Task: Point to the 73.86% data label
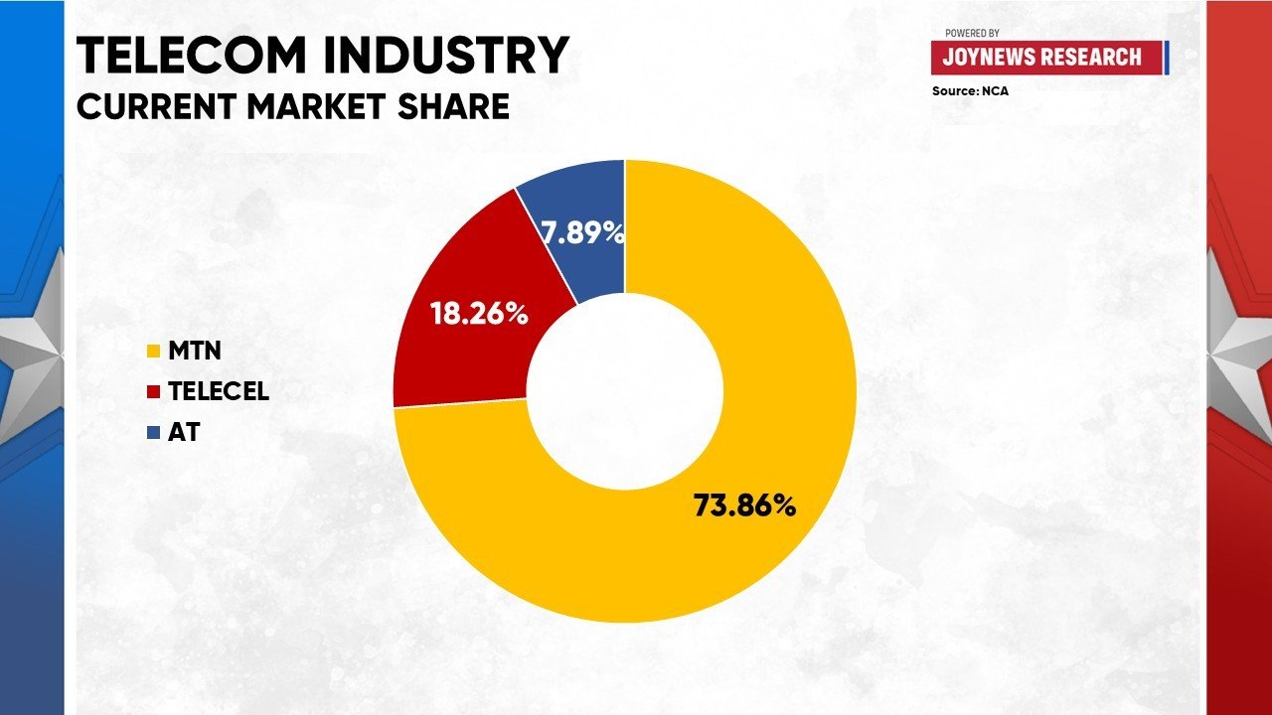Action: tap(744, 505)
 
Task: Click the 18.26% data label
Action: tap(478, 314)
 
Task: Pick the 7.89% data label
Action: tap(583, 233)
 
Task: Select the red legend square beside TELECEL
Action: tap(152, 391)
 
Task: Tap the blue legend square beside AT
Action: tap(152, 433)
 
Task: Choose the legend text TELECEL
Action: tap(219, 391)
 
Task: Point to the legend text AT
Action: tap(184, 433)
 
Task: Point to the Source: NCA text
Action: tap(970, 90)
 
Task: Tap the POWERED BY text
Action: tap(972, 33)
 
